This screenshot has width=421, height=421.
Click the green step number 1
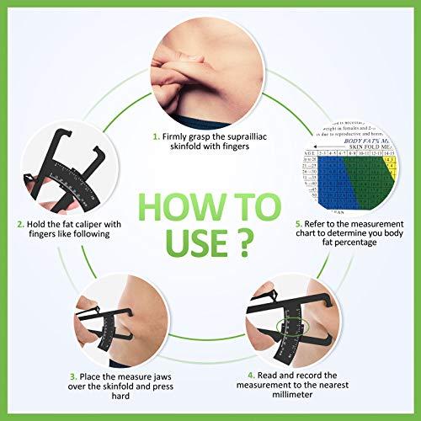point(157,135)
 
